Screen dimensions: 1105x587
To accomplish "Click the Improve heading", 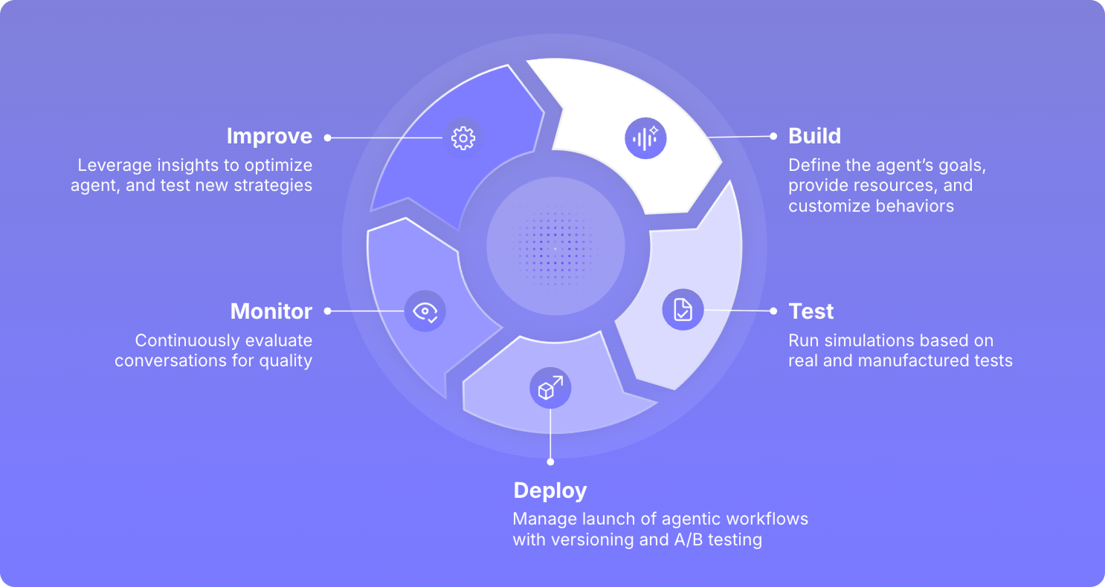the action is tap(269, 137).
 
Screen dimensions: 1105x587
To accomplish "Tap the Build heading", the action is tap(815, 136).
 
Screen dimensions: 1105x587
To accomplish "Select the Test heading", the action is tap(811, 311).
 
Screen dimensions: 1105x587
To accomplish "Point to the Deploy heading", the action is tap(550, 490).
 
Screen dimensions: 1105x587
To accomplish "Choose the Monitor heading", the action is tap(271, 311).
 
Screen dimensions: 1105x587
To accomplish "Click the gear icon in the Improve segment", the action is tap(463, 137).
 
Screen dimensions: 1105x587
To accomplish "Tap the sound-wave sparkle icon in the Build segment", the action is tap(645, 138).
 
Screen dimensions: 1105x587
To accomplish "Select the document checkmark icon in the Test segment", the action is tap(683, 309).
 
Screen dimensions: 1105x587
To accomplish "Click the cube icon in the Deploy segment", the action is tap(550, 388).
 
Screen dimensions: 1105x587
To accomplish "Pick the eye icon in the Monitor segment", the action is tap(425, 311).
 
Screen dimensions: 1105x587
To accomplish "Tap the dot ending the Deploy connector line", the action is tap(550, 461).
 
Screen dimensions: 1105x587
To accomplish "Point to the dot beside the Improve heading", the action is tap(327, 137).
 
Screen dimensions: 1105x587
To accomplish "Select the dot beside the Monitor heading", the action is tap(327, 311).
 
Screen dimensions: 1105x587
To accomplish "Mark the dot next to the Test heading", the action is tap(773, 311).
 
